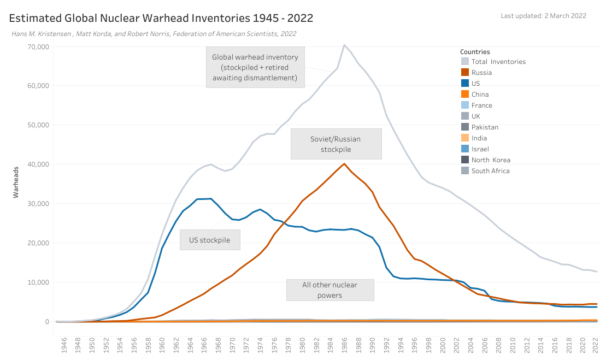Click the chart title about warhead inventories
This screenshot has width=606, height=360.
[161, 18]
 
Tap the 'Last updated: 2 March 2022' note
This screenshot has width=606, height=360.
[543, 15]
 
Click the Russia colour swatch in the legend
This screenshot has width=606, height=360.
[465, 73]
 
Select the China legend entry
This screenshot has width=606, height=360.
[481, 95]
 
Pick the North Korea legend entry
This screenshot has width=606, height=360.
[490, 160]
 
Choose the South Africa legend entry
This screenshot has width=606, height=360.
[490, 171]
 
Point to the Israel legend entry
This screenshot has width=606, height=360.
[480, 149]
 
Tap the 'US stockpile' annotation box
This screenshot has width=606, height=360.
[210, 239]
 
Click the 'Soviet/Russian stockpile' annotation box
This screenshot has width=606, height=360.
[336, 144]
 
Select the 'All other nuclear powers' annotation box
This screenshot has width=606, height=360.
[330, 290]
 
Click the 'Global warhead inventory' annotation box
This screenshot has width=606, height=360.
[255, 67]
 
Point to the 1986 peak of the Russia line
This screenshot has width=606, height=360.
[344, 163]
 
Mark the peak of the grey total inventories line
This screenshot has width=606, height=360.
[344, 45]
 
